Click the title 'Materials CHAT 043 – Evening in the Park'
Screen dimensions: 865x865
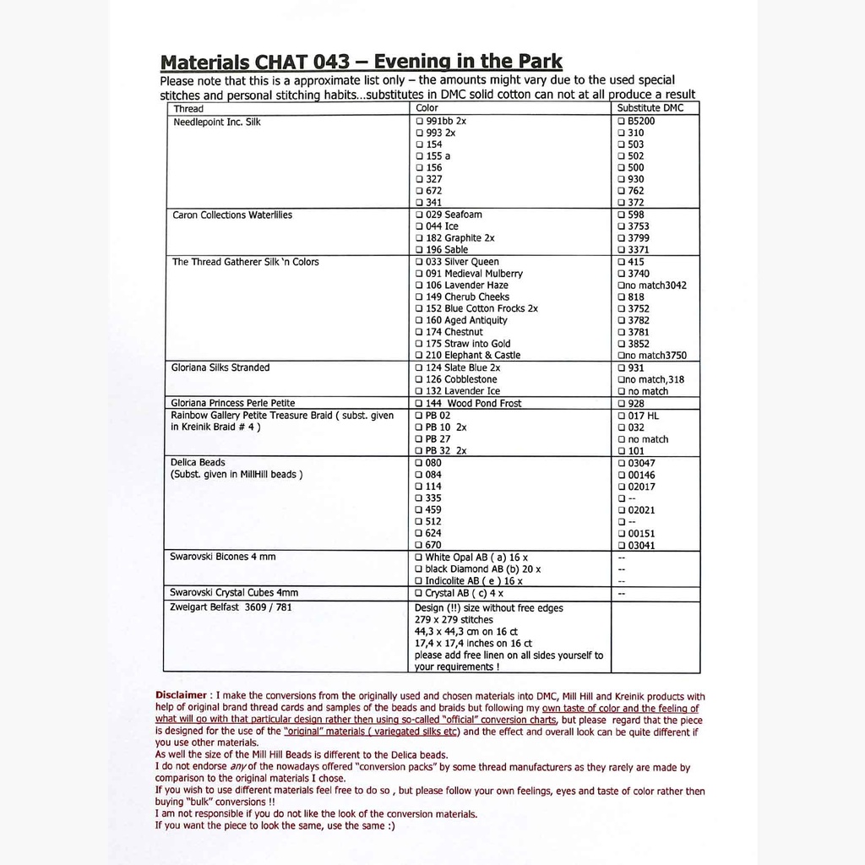point(361,63)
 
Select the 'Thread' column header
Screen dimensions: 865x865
point(188,109)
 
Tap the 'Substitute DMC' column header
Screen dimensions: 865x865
point(650,109)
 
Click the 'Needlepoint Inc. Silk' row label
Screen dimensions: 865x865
point(216,122)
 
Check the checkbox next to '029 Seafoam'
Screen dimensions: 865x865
point(419,215)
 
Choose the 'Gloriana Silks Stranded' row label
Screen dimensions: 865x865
point(221,368)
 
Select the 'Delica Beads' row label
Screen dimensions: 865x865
point(199,463)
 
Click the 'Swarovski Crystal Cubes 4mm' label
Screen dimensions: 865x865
point(234,593)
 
